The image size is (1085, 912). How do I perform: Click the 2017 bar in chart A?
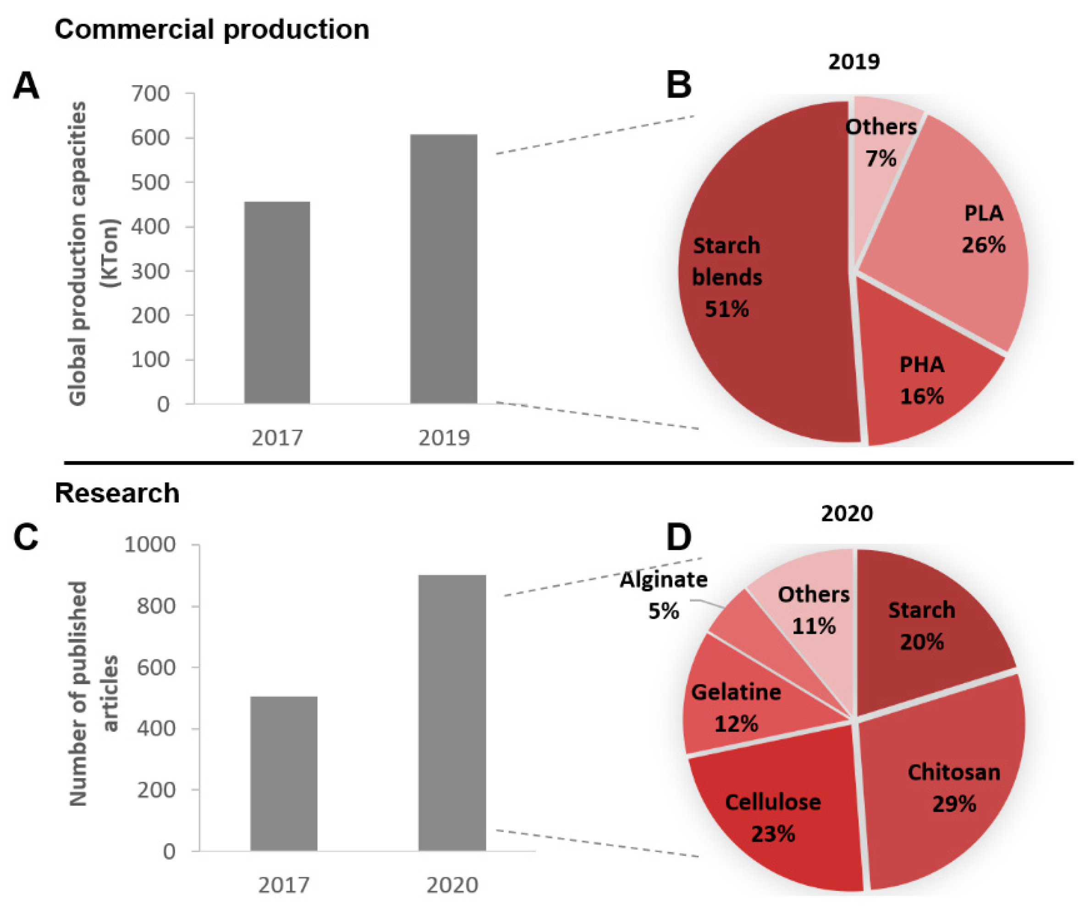[x=277, y=302]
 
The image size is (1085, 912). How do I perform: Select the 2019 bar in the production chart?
[x=443, y=269]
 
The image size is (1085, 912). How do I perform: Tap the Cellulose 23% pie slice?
[x=776, y=807]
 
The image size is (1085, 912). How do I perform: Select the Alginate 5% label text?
[x=664, y=595]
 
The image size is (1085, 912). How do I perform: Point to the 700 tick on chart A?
[x=150, y=93]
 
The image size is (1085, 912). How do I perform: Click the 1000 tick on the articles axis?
[x=150, y=544]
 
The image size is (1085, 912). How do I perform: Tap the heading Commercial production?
[x=212, y=29]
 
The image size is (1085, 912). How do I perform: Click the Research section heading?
[x=117, y=493]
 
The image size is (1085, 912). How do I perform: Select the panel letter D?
[x=678, y=538]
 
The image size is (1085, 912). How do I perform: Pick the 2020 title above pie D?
[x=847, y=513]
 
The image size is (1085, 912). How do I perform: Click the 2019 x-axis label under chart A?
[x=444, y=438]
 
